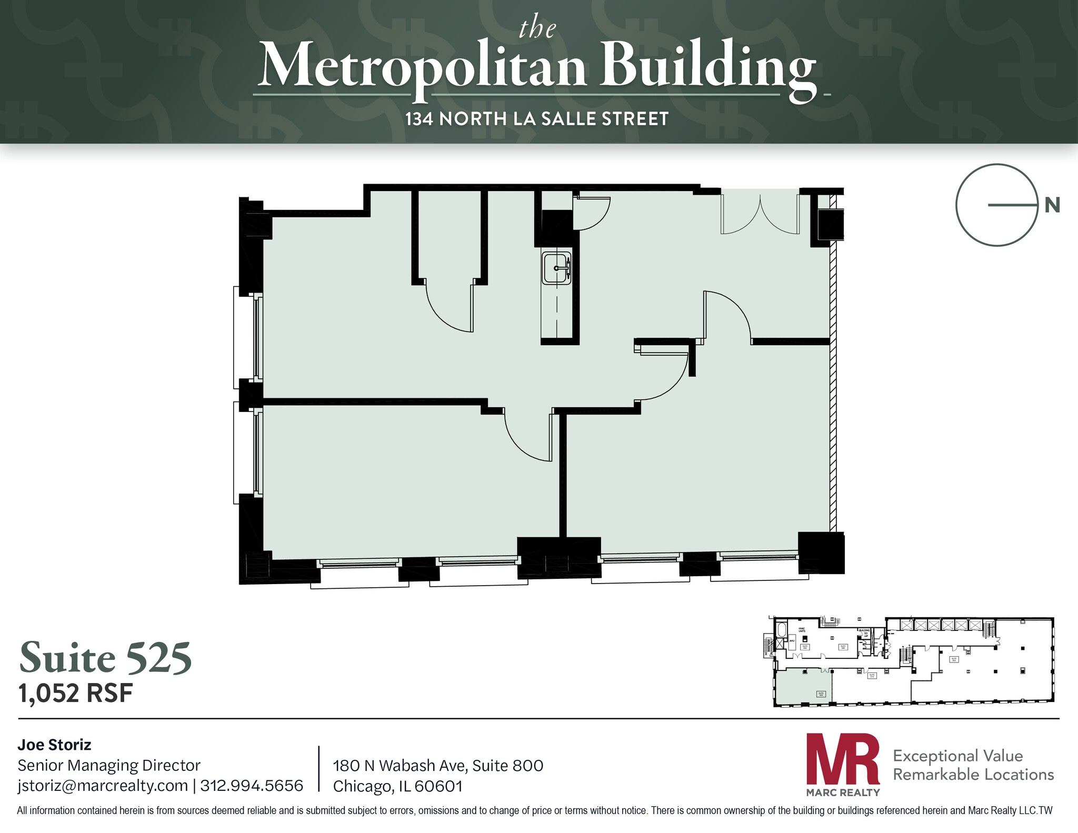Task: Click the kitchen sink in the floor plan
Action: [x=556, y=268]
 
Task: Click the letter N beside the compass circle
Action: [x=1052, y=205]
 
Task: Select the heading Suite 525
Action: [x=106, y=658]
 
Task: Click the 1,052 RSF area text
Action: [x=76, y=693]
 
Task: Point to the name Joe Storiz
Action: [x=54, y=745]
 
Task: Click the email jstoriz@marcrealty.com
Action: [x=103, y=785]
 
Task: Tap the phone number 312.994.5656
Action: [x=252, y=785]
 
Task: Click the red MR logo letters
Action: [x=842, y=759]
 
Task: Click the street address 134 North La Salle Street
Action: [x=537, y=119]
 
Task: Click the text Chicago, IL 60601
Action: [x=398, y=786]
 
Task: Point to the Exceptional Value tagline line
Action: [x=957, y=756]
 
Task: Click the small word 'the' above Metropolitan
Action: [x=537, y=28]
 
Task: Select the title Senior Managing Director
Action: [x=109, y=765]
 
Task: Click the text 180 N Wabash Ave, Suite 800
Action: [x=438, y=765]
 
